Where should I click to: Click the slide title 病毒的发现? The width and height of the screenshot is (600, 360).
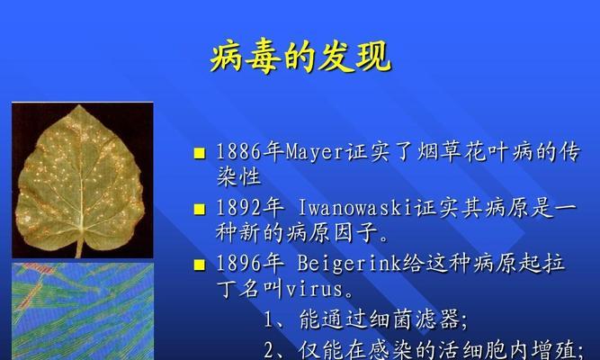pos(300,58)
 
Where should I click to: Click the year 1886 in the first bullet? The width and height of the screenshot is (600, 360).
pos(238,152)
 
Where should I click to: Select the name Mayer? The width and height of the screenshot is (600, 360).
pos(315,152)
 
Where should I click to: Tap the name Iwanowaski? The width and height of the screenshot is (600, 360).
pos(356,208)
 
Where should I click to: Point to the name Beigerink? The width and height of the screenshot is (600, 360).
pos(349,265)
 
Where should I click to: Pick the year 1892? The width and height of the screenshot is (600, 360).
pos(238,208)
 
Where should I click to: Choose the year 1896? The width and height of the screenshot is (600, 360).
pos(238,264)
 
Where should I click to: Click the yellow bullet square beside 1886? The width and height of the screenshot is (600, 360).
pos(200,153)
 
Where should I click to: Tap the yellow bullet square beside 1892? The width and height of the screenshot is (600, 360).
pos(200,209)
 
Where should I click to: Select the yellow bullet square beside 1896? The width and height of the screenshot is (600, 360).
pos(200,265)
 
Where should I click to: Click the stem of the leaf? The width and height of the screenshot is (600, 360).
pos(80,247)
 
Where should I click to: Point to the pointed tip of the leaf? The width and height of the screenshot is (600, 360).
pos(79,106)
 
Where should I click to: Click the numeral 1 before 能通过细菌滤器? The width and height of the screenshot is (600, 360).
pos(270,320)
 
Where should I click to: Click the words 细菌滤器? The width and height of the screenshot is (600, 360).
pos(414,319)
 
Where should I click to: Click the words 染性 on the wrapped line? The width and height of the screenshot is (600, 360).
pos(238,176)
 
